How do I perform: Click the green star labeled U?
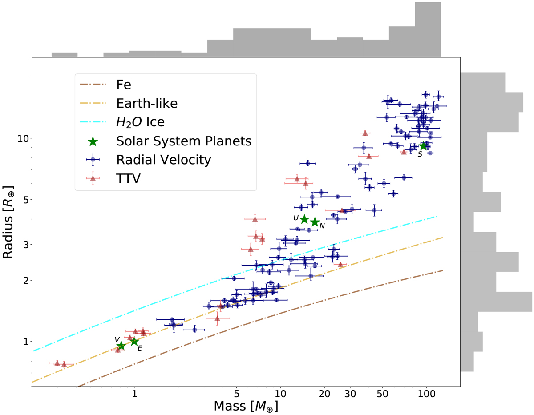(x=304, y=219)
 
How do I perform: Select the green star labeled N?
(x=315, y=222)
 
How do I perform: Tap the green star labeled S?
(x=423, y=146)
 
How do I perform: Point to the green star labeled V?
(x=121, y=346)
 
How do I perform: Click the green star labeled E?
(x=134, y=342)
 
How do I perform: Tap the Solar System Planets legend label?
(x=184, y=141)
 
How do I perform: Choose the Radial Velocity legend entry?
(x=163, y=160)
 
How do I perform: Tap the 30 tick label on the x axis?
(x=350, y=395)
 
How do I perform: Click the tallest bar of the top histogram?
(x=428, y=29)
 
